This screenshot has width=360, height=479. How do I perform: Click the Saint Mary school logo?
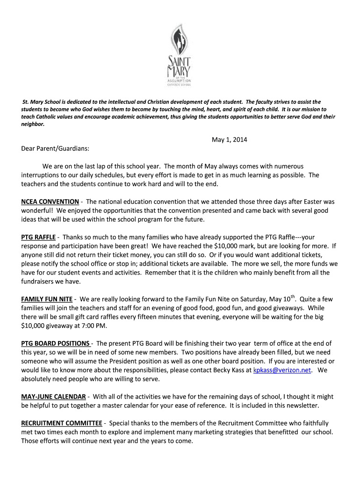point(180,54)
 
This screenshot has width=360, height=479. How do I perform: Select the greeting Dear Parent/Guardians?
point(55,148)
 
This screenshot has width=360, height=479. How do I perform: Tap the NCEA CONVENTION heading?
point(50,202)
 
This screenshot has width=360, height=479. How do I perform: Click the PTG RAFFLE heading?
point(38,237)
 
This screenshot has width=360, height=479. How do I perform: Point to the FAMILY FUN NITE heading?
point(47,299)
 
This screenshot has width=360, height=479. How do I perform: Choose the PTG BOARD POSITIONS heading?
point(56,343)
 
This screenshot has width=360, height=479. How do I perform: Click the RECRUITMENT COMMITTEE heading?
point(62,423)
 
